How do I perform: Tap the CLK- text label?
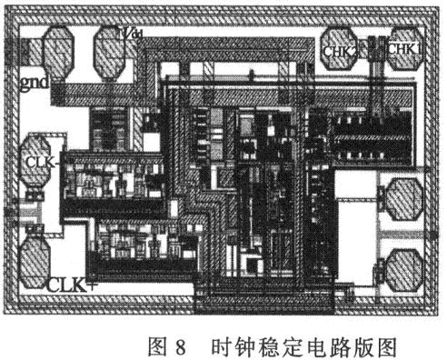point(40,164)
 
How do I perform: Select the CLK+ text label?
point(72,284)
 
